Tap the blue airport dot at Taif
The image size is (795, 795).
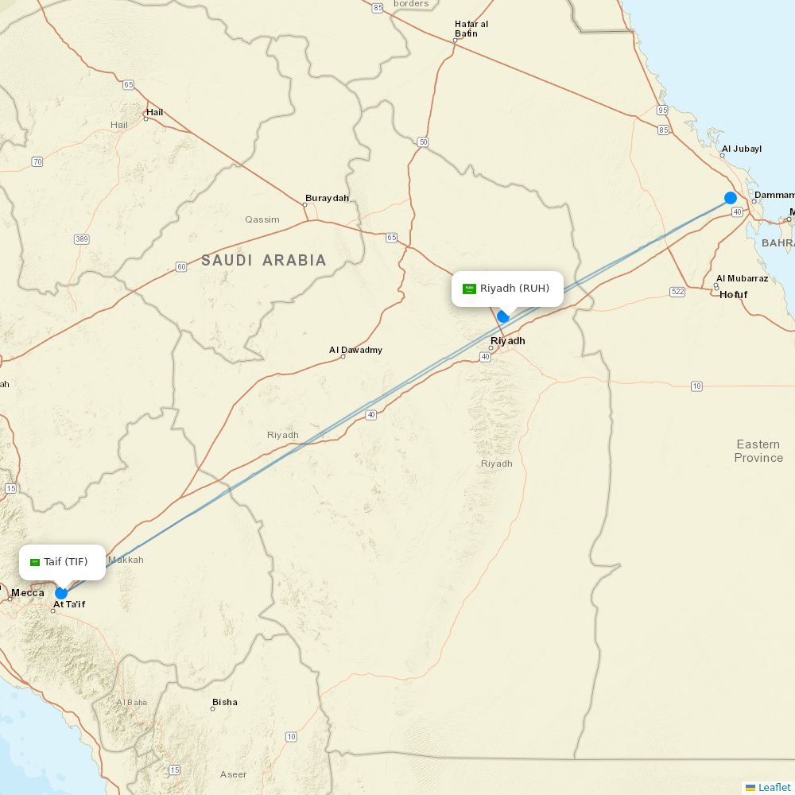61,593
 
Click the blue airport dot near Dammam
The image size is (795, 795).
731,198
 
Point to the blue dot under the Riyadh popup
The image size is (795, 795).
503,316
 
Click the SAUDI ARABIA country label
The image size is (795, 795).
264,260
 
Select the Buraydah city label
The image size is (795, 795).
327,199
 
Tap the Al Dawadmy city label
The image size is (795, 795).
355,350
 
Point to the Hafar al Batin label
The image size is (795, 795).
471,29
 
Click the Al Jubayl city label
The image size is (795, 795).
741,149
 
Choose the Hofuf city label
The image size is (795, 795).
733,295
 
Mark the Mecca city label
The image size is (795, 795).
28,593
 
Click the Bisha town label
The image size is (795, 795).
224,703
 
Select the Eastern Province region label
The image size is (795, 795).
758,451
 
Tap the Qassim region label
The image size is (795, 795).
262,219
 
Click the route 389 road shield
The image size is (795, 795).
81,239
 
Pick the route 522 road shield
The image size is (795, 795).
677,292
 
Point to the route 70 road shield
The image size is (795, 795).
37,162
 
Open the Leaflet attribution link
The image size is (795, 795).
774,787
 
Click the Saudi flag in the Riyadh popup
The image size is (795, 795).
469,289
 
